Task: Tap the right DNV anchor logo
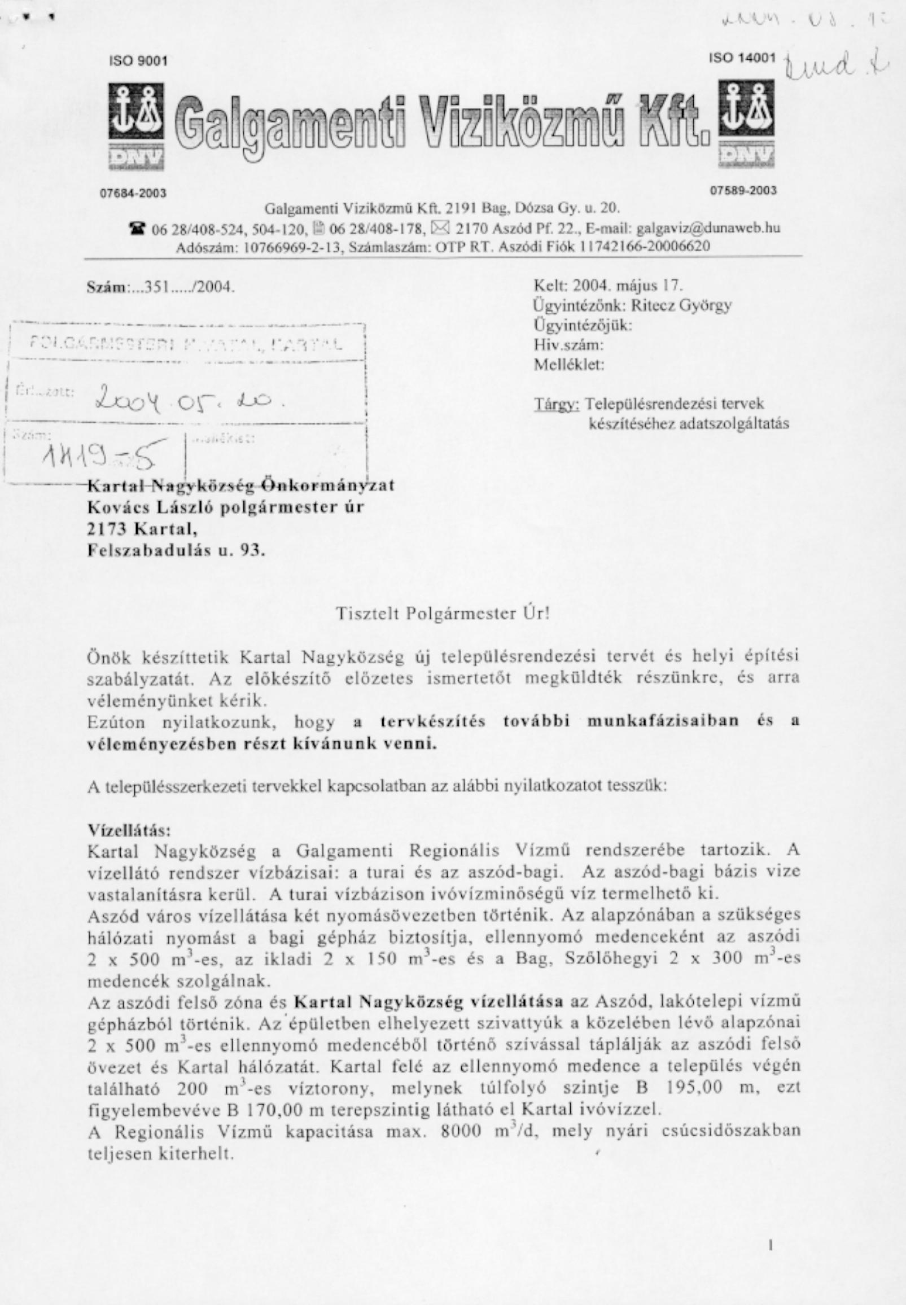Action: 745,124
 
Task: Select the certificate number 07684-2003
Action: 133,193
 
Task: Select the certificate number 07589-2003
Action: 743,190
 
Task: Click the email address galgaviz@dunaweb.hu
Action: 708,228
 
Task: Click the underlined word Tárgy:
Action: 557,404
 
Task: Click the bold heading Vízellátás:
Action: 129,830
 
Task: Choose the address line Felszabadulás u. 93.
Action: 176,550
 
